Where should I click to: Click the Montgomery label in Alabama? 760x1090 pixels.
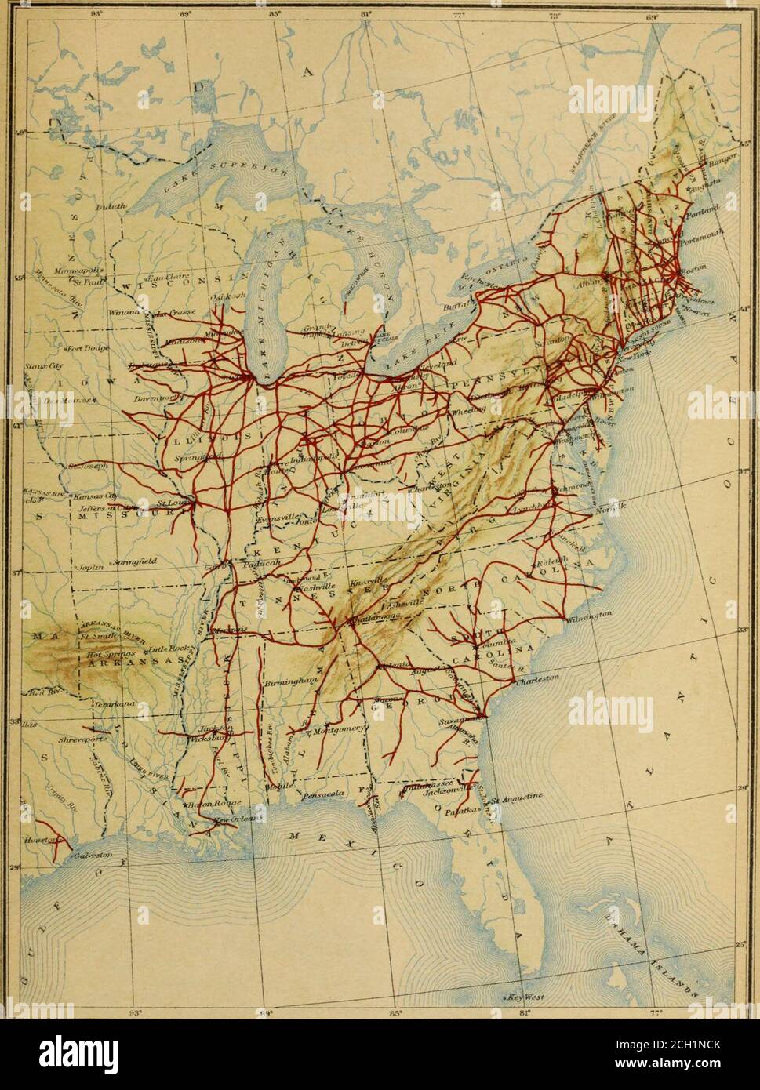tap(339, 728)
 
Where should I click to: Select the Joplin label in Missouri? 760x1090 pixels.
tap(89, 565)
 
